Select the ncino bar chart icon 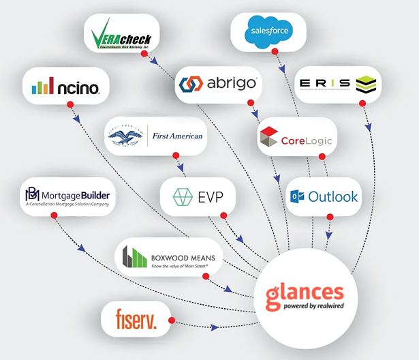tap(42, 87)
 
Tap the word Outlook tap(332, 197)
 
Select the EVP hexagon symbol tap(183, 197)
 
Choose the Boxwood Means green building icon tap(134, 256)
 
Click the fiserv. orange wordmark tap(136, 320)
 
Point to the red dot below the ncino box tap(69, 104)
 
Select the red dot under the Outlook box tap(330, 217)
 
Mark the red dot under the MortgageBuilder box tap(53, 215)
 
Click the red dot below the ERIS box tap(362, 103)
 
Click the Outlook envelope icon tap(298, 197)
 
